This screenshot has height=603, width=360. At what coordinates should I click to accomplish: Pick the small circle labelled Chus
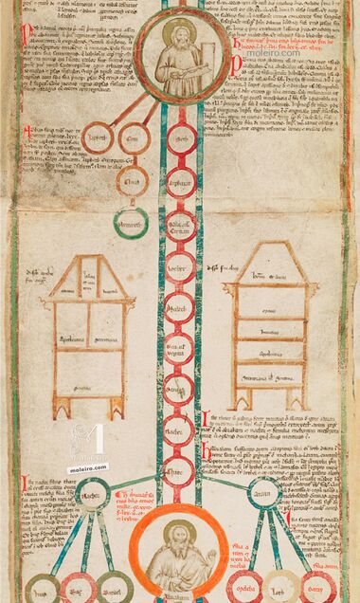(x=134, y=180)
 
